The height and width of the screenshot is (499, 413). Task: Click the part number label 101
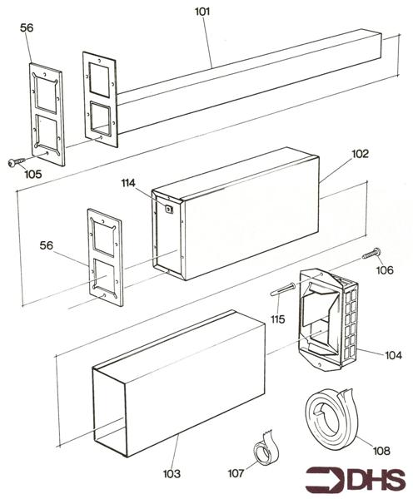(203, 11)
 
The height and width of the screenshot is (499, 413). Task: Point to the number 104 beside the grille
(393, 355)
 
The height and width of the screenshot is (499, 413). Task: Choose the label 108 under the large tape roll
(381, 451)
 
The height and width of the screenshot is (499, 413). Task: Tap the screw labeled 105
(14, 162)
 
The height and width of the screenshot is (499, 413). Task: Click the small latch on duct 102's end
(169, 210)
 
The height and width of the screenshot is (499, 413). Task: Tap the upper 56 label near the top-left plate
(26, 27)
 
